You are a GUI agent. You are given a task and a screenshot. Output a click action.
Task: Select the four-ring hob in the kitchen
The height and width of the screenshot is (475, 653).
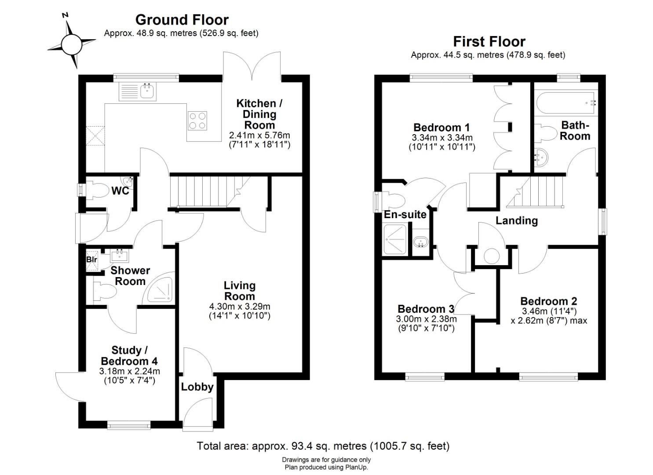point(197,121)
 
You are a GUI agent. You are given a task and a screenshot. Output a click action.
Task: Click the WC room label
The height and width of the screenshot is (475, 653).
point(120,191)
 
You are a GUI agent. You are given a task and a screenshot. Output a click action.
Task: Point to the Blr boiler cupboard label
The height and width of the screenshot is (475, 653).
point(91,259)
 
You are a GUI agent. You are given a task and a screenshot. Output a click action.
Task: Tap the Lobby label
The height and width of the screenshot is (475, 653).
point(197,387)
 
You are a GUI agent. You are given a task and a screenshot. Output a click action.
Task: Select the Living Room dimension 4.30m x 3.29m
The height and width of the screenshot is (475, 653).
point(240,307)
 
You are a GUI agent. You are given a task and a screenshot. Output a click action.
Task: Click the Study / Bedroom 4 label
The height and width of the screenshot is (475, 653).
point(129,355)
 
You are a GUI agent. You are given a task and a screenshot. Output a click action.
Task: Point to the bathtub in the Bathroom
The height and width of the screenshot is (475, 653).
point(565,103)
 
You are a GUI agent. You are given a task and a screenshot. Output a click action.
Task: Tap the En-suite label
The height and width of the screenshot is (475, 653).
point(405,215)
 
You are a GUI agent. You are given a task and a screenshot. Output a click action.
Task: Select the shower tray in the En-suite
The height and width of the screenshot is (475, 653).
point(396,239)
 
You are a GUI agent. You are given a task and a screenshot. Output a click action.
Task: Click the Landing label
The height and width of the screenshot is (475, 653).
point(517,221)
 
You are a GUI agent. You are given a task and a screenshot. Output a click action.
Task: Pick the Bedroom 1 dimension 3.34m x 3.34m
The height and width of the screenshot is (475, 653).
point(442,137)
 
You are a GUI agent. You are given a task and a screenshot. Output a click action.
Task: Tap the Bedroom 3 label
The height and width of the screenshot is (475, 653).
point(426,309)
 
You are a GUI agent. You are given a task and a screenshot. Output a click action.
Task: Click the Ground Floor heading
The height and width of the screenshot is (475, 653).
point(182,20)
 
